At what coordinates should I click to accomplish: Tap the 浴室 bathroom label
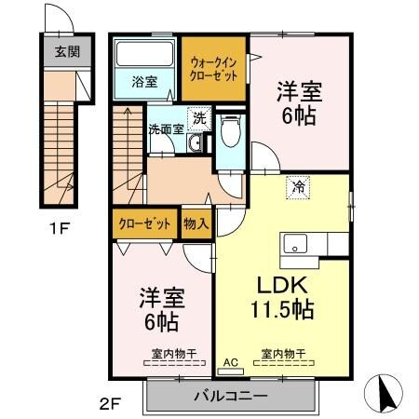[x=144, y=81]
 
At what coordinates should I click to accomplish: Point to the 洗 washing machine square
[x=198, y=118]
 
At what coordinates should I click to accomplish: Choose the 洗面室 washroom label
[x=167, y=129]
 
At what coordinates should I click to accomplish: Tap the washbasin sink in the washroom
[x=195, y=143]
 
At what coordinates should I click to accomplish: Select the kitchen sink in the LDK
[x=296, y=246]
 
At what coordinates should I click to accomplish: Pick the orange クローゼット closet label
[x=144, y=223]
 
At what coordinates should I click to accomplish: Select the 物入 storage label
[x=196, y=223]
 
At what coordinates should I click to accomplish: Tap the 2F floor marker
[x=110, y=403]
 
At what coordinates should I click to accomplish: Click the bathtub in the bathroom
[x=144, y=56]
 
